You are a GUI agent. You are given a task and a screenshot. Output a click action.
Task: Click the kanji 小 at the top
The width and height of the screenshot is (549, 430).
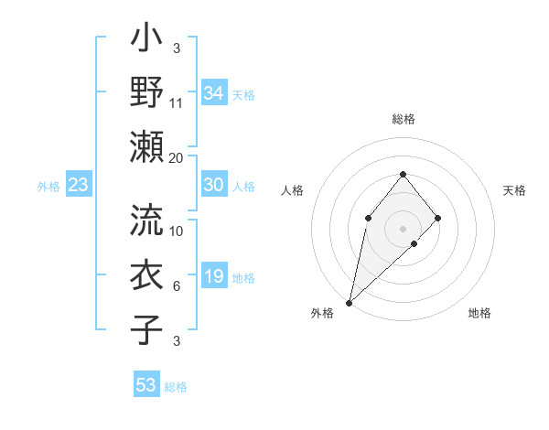[x=146, y=42]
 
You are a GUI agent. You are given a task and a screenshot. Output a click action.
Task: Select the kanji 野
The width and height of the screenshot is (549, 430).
[x=146, y=92]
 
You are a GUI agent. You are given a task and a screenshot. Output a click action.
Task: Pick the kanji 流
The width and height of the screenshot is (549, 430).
[x=146, y=220]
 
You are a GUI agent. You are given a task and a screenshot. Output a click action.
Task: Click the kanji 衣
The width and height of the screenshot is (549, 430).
[x=146, y=274]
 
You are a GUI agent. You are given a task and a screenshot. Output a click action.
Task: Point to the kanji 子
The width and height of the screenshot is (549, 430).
[x=146, y=328]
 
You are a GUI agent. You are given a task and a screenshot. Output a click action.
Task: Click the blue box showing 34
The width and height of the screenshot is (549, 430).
[x=214, y=93]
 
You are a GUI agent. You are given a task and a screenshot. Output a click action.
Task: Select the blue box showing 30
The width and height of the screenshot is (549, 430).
[x=214, y=185]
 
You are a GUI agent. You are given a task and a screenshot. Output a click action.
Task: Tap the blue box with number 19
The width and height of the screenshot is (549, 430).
[x=214, y=276]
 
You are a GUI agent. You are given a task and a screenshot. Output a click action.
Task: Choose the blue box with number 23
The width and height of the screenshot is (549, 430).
[x=79, y=186]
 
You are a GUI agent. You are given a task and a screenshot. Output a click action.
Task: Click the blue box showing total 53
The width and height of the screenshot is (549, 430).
[x=146, y=385]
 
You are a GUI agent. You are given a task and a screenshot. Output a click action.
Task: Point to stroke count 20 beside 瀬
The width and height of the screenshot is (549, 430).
[x=177, y=157]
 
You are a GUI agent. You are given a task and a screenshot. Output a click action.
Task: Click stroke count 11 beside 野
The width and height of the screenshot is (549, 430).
[x=177, y=102]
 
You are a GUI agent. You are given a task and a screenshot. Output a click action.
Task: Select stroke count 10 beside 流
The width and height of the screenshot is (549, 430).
[x=177, y=231]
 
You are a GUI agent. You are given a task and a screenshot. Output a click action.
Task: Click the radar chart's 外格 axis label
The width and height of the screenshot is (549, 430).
[x=321, y=314]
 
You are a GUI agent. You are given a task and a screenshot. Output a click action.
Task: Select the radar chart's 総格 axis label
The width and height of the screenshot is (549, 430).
[x=403, y=119]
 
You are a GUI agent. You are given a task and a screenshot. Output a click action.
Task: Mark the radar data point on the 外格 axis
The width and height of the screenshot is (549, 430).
[x=349, y=303]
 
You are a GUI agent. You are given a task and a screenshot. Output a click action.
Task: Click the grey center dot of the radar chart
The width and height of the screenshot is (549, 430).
[x=403, y=228]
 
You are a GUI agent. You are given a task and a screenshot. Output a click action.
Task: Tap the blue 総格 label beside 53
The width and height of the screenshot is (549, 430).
[x=176, y=387]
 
